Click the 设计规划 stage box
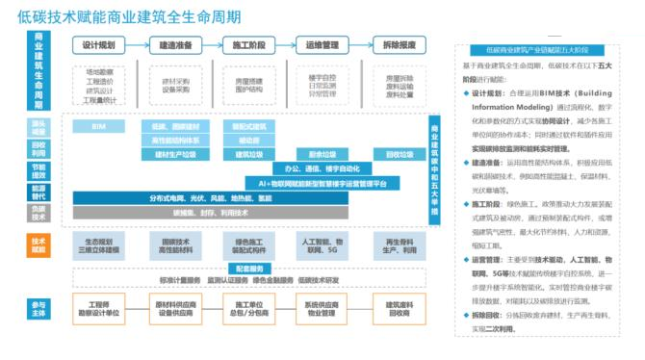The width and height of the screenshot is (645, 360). (x=99, y=45)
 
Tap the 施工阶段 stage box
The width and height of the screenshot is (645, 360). (x=248, y=45)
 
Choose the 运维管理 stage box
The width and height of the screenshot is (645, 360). (x=322, y=45)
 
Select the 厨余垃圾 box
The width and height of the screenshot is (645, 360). (x=322, y=154)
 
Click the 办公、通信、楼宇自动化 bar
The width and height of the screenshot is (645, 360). (x=322, y=167)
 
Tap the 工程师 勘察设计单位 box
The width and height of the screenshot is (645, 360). (x=99, y=308)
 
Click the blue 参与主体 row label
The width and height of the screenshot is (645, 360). (x=39, y=307)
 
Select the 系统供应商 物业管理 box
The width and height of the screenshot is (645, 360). (x=322, y=308)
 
